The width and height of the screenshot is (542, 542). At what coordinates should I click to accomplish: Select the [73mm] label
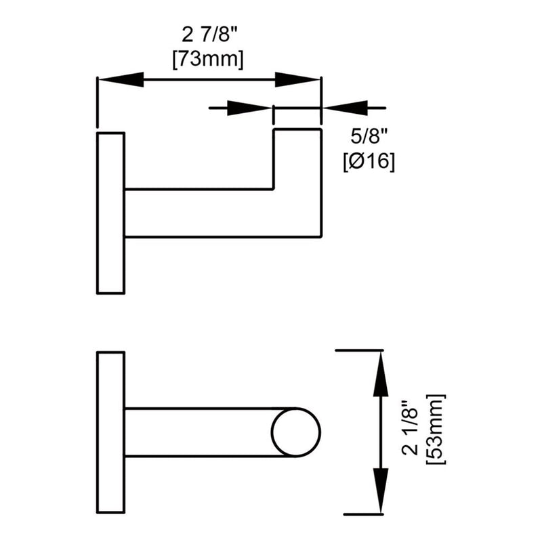tap(208, 60)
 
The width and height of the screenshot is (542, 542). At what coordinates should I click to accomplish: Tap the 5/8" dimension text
tap(369, 138)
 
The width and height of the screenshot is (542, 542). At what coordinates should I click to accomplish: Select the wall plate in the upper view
tap(110, 213)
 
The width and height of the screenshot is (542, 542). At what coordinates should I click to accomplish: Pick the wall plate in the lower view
tap(110, 432)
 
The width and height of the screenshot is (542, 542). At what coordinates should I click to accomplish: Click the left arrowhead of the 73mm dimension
tap(122, 80)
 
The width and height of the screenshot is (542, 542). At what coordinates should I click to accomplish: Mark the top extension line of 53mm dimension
tap(360, 350)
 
